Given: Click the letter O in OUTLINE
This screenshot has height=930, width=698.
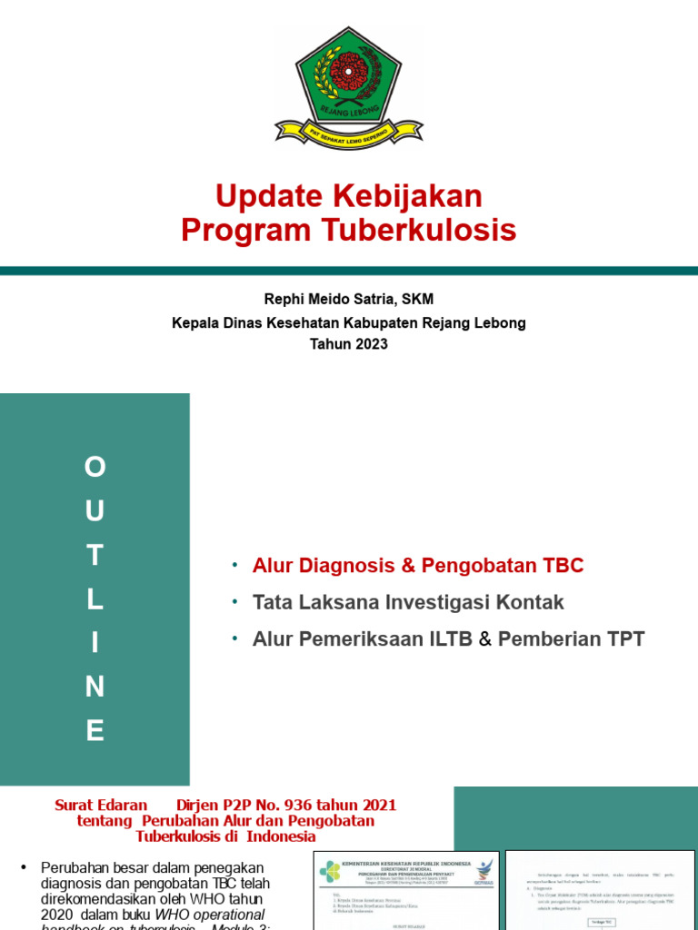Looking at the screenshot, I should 95,468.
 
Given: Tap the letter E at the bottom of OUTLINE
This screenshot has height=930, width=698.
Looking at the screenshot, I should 95,731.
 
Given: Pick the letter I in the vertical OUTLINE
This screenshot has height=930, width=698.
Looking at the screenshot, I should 95,644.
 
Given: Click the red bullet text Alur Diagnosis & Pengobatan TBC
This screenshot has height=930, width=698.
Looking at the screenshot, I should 418,566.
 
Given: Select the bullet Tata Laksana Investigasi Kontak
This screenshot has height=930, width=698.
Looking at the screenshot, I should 408,602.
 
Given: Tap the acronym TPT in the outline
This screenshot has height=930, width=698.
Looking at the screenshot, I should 623,638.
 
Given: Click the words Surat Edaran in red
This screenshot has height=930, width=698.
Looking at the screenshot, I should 101,805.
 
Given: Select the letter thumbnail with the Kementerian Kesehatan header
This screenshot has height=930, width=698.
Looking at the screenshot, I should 405,890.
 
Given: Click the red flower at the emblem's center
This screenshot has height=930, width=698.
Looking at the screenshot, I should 348,70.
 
